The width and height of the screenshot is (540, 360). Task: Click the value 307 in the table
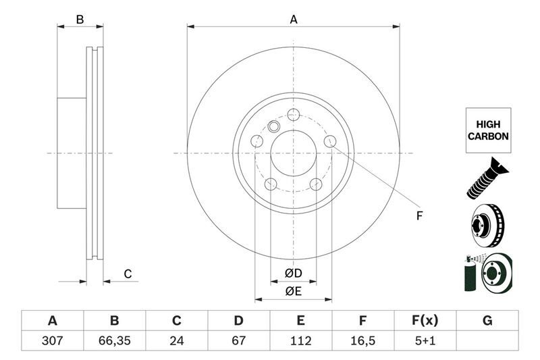tap(52, 341)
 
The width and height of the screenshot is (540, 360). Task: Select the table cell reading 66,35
tap(114, 341)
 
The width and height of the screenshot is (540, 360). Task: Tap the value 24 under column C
tap(177, 341)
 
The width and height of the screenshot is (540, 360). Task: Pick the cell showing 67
tap(238, 341)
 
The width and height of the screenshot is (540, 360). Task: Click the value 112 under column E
tap(300, 341)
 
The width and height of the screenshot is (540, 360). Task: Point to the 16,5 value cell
tap(362, 341)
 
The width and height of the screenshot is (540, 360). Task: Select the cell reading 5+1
tap(425, 341)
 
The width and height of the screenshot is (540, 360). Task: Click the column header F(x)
tap(425, 321)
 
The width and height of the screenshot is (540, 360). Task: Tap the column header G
tap(487, 321)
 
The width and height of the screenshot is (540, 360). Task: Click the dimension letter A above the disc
tap(294, 20)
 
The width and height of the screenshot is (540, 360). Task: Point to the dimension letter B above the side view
tap(80, 20)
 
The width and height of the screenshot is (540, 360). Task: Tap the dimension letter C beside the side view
tap(127, 274)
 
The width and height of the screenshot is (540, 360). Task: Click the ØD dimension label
tap(292, 274)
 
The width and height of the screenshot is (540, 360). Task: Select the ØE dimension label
tap(292, 292)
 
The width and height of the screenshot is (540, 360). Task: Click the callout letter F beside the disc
tap(418, 216)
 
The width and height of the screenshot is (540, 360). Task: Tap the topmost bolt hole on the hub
tap(293, 114)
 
